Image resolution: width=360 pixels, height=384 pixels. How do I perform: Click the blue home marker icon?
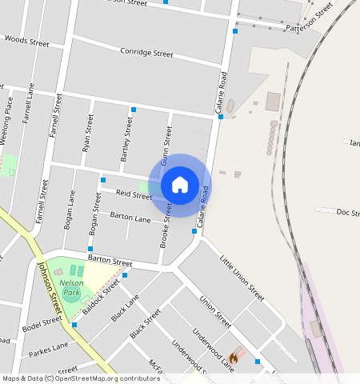[x=180, y=185]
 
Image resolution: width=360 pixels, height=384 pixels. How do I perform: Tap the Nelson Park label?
[x=71, y=289]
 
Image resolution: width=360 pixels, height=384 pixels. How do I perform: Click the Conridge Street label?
[x=146, y=54]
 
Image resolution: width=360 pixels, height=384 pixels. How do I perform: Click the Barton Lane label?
[x=130, y=218]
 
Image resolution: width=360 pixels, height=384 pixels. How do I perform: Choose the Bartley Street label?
[x=126, y=140]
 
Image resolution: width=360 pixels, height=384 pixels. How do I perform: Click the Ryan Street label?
[x=88, y=133]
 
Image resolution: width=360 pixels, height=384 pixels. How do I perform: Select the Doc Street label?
[x=349, y=212]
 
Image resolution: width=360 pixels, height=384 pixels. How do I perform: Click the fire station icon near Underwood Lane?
[x=234, y=358]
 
